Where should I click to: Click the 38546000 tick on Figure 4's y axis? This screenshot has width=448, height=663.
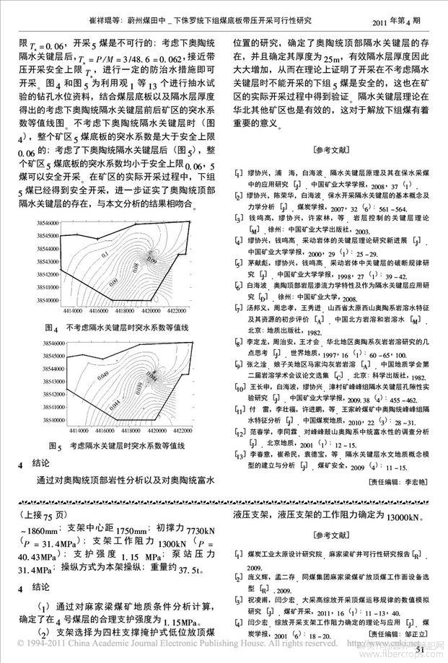[47, 235]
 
